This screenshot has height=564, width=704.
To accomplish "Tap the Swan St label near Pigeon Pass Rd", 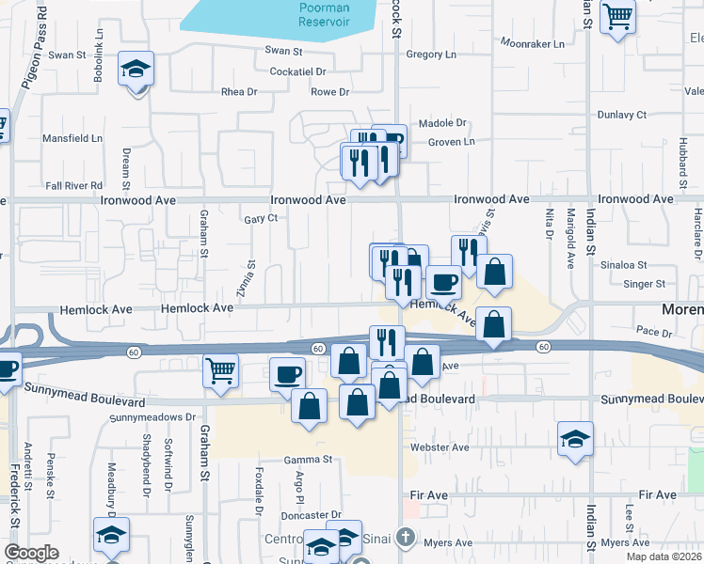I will (x=67, y=55).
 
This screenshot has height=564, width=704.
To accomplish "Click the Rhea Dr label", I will (x=239, y=92).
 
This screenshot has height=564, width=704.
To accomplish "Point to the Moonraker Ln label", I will (x=533, y=43).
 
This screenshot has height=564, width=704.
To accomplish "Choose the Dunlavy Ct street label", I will (x=622, y=115).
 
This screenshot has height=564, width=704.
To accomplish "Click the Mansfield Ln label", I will (x=73, y=138).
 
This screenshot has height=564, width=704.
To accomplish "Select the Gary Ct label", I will (x=261, y=219).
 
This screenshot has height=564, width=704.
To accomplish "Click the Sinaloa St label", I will (x=625, y=266).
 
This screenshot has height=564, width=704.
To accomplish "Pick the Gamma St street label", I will (x=310, y=461).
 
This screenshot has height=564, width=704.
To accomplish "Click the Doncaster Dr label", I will (x=310, y=515).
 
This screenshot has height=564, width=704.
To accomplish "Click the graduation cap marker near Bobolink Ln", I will (x=136, y=70).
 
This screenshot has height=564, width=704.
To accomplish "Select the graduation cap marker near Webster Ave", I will (x=576, y=438).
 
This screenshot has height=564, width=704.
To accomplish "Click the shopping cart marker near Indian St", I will (x=617, y=14).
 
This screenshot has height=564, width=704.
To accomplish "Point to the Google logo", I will (x=31, y=553).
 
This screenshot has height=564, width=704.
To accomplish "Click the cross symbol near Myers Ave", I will (x=405, y=538).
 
